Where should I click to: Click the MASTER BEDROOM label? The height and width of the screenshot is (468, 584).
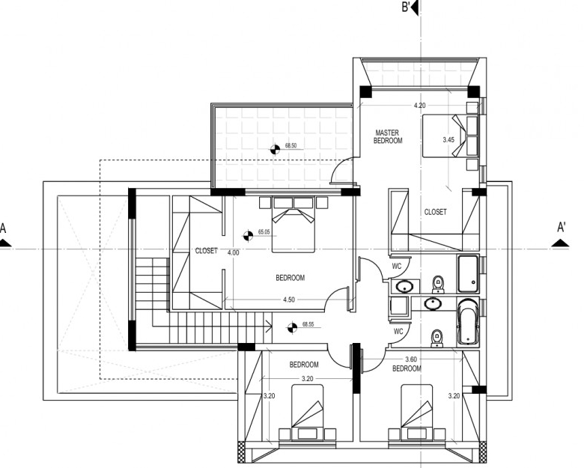(388, 136)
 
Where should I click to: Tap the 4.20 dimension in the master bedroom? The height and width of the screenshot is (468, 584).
(419, 106)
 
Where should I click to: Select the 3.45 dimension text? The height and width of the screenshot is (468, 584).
(448, 140)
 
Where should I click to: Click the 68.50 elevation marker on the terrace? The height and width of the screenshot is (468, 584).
(275, 150)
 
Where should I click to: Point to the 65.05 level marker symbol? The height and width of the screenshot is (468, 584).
(248, 235)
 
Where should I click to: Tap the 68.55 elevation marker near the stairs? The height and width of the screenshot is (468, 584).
(292, 328)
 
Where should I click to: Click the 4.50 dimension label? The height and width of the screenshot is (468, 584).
(289, 300)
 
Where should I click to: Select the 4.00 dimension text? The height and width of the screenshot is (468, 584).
(233, 252)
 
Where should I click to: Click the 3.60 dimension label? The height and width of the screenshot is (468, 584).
(411, 359)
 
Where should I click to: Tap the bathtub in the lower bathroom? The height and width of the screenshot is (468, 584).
(468, 321)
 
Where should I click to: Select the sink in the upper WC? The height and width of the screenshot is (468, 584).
(404, 287)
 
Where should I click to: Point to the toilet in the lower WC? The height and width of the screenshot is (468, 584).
(437, 338)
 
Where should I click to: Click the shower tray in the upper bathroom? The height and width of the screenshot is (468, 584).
(468, 274)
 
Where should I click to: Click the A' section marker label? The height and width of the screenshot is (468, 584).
(561, 228)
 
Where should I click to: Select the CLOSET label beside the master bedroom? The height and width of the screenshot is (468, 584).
(436, 212)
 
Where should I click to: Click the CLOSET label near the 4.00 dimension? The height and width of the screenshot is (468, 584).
(207, 251)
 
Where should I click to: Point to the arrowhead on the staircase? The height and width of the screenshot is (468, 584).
(269, 326)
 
